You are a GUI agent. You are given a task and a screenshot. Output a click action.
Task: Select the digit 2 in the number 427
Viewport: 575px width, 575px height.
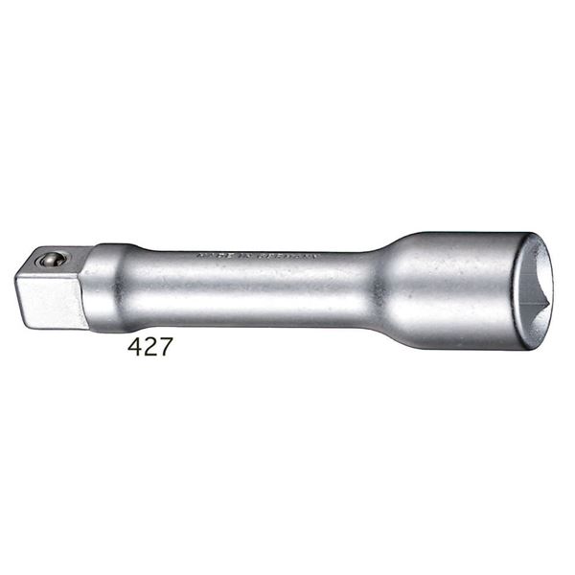(x=151, y=347)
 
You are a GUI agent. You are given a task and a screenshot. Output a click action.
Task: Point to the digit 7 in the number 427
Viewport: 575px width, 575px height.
(x=165, y=347)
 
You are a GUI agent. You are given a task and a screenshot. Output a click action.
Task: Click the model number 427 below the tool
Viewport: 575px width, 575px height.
(x=150, y=347)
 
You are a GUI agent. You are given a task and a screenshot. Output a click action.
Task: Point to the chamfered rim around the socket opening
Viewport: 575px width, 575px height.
(x=549, y=287)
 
